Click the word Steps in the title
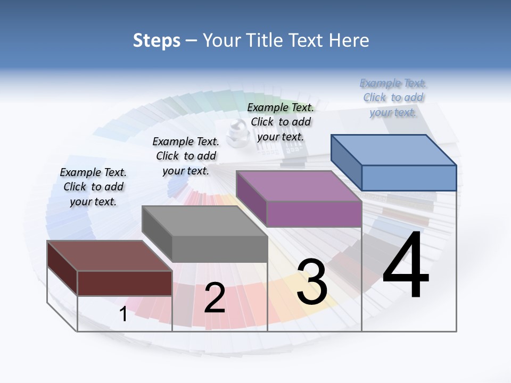156,40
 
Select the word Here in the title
349,40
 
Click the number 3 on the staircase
312,282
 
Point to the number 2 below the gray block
215,298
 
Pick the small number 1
123,314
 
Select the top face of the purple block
298,186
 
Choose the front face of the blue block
409,178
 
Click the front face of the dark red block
125,283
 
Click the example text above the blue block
393,97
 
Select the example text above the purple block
281,122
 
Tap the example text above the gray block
186,156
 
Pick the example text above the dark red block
93,187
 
